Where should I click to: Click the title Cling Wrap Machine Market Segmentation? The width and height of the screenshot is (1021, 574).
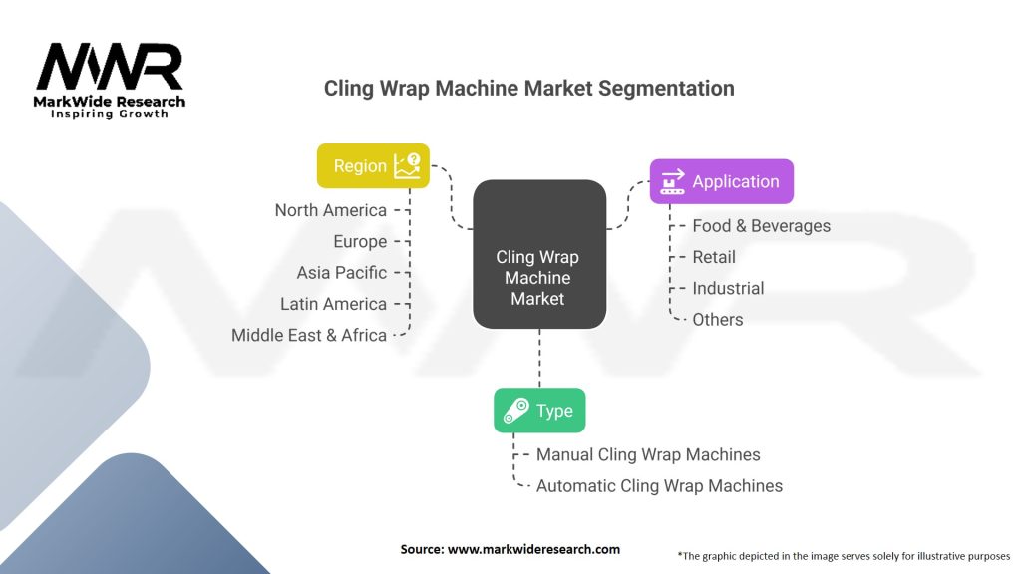(x=528, y=88)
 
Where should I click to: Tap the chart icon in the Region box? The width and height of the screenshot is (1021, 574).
(x=408, y=165)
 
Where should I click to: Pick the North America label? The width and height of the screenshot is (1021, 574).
(x=330, y=210)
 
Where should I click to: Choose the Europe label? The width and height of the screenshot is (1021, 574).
(x=360, y=241)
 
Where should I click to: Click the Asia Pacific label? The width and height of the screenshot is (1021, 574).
(x=341, y=272)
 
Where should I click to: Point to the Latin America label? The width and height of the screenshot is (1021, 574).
(x=333, y=304)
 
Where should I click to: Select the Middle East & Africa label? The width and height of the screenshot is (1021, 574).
(x=309, y=335)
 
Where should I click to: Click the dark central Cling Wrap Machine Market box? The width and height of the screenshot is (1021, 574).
(x=538, y=255)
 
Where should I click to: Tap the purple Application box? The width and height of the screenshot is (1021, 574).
(x=721, y=181)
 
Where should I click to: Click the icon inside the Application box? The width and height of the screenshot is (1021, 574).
(x=672, y=181)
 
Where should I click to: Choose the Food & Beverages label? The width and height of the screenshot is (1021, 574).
(x=761, y=226)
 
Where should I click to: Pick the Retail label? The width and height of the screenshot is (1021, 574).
(x=714, y=257)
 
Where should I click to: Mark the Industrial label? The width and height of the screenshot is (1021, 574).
(x=728, y=288)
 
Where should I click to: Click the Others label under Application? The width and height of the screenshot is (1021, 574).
(x=718, y=319)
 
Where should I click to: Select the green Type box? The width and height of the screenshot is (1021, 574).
(x=539, y=411)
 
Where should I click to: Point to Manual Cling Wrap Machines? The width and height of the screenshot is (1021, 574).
(x=648, y=454)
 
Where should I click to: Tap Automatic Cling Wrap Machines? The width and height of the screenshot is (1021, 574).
(x=659, y=486)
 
